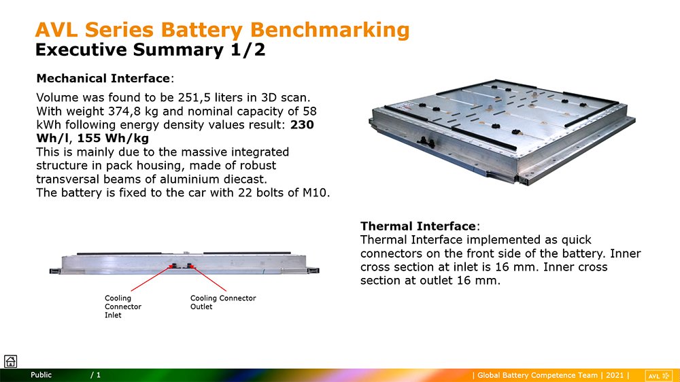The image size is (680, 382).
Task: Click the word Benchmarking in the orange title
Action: [330, 31]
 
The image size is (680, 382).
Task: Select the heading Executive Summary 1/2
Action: [150, 50]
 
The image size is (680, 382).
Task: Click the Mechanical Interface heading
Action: [103, 78]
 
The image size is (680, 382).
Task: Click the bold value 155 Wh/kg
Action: [113, 138]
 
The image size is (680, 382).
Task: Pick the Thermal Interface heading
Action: [418, 226]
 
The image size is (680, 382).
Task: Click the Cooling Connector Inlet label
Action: [122, 307]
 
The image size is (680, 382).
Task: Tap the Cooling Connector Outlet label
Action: [223, 302]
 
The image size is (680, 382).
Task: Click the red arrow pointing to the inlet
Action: [150, 279]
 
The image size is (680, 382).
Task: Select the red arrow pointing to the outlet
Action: [209, 279]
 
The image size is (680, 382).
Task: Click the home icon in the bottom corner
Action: [10, 361]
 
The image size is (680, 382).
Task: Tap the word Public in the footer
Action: [41, 375]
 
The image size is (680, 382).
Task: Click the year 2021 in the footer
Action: [615, 375]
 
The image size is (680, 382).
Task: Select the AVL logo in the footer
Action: [658, 376]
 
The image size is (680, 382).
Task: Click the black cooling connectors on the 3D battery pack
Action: [426, 142]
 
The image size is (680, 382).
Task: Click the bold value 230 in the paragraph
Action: [302, 125]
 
